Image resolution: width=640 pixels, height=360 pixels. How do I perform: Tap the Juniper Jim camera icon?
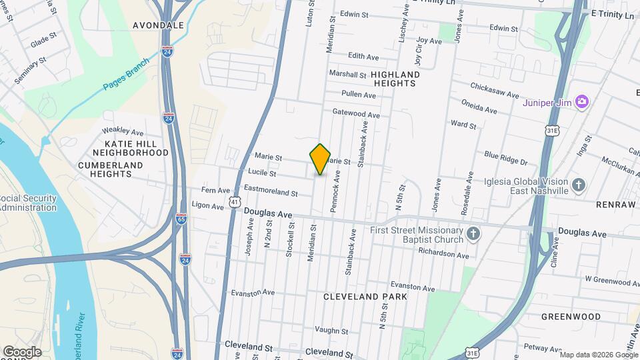[582, 101]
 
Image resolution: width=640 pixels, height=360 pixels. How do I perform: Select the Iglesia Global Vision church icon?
[579, 185]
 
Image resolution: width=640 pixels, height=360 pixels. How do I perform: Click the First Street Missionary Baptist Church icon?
[473, 233]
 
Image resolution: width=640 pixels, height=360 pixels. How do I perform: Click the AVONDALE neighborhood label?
[158, 25]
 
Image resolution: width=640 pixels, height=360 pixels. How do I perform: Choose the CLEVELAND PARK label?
[365, 296]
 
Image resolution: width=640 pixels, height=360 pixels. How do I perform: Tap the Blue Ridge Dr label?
[505, 157]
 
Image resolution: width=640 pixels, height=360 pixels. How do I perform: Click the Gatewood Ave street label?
[356, 113]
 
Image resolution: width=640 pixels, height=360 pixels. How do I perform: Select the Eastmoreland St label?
[270, 192]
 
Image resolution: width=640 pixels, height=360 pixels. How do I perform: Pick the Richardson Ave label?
[443, 254]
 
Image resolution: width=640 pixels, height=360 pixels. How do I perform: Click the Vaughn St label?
[327, 330]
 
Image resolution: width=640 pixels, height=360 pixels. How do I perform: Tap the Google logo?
[21, 351]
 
